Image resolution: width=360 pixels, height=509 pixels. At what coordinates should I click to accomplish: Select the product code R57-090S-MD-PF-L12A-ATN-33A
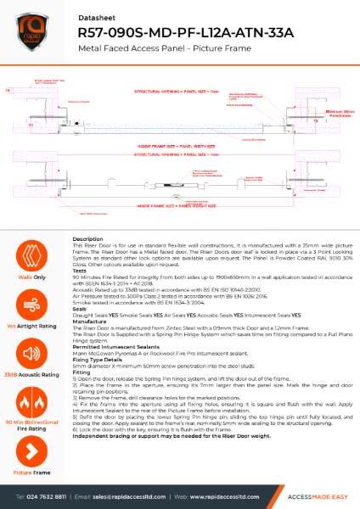pyautogui.click(x=184, y=31)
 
